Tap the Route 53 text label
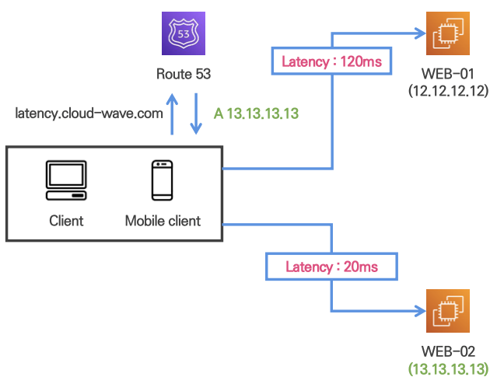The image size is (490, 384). (x=184, y=76)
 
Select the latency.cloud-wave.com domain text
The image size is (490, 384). (x=89, y=113)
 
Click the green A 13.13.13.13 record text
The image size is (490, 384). (x=257, y=113)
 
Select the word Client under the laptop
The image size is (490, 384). (x=66, y=221)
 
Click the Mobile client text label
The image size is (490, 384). (x=163, y=221)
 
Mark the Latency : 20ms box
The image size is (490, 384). (x=331, y=267)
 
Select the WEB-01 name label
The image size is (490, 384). (x=447, y=75)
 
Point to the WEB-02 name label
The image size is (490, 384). (x=447, y=351)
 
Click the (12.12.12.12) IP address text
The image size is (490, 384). (x=448, y=90)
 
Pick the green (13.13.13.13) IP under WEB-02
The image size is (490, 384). (x=448, y=368)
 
